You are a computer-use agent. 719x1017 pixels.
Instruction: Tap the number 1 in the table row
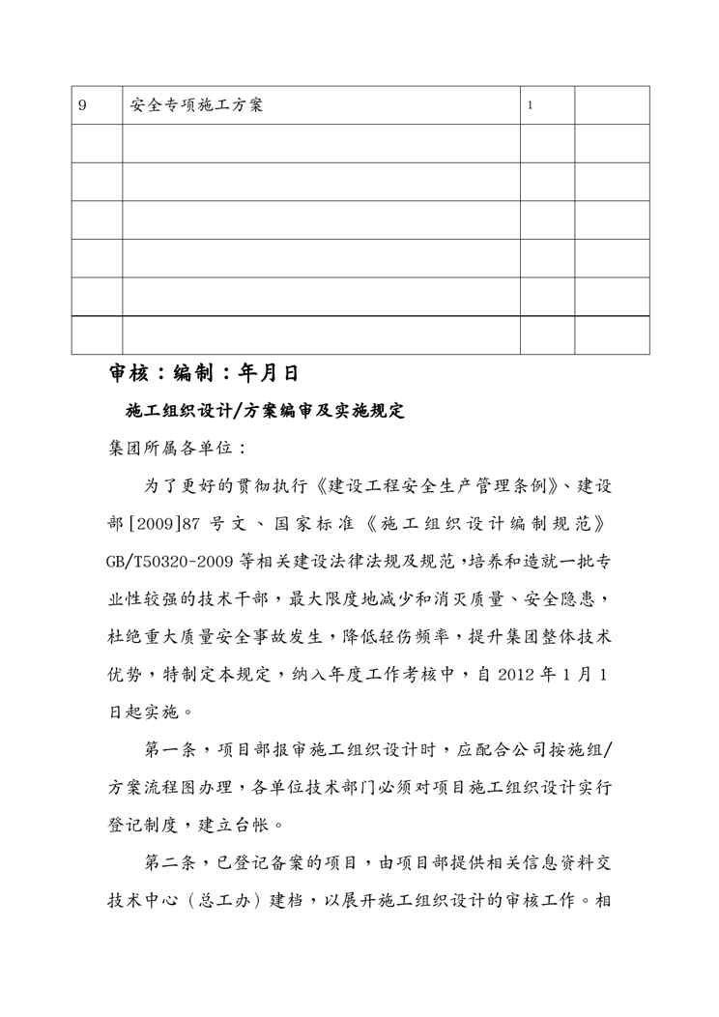(531, 105)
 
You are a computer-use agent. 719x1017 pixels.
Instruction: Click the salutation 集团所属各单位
(158, 449)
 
